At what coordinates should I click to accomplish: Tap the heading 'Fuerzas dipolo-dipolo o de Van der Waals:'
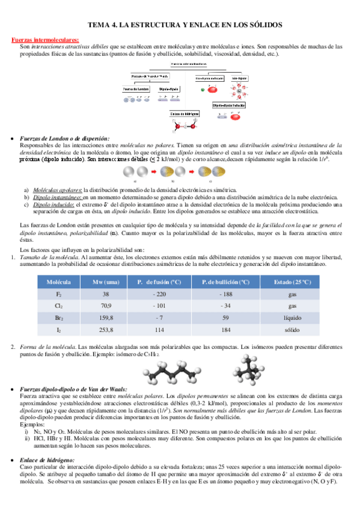[x=73, y=390]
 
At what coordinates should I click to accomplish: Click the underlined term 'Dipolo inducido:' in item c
[x=50, y=204]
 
